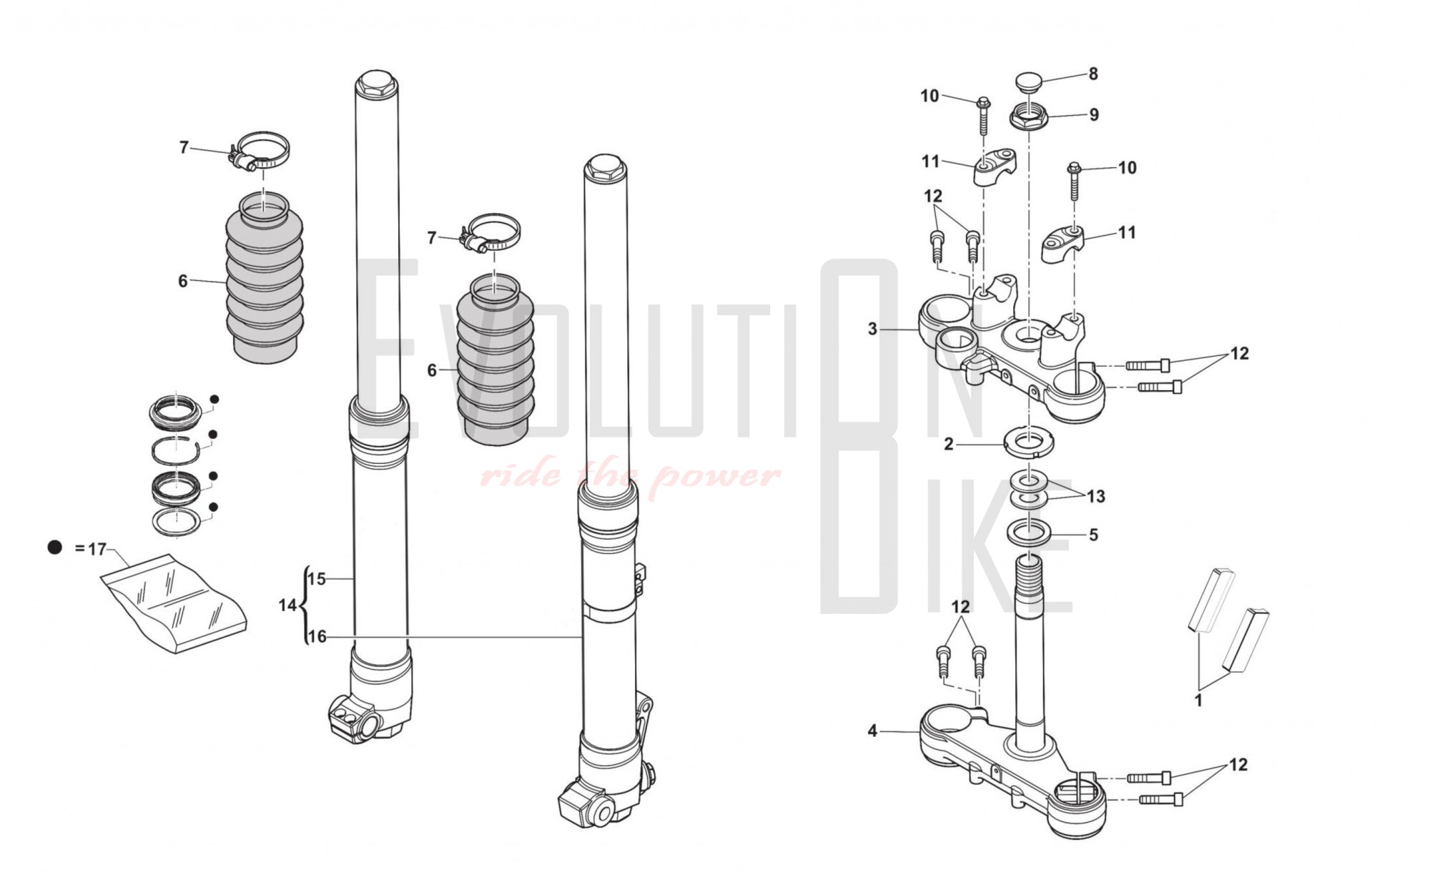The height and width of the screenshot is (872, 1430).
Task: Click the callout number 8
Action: click(x=1093, y=74)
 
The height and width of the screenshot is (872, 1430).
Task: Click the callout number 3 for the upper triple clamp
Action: click(x=872, y=330)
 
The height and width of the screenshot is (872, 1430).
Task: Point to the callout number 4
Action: click(x=872, y=731)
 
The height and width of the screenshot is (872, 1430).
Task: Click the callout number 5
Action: click(x=1093, y=535)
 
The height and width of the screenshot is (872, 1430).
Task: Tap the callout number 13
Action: click(x=1095, y=496)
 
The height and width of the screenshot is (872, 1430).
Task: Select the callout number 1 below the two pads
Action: click(x=1199, y=700)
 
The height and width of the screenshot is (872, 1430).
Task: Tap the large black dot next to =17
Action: click(x=55, y=548)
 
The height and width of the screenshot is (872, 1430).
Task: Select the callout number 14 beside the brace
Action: click(x=287, y=605)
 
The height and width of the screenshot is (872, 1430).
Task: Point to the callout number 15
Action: click(x=317, y=579)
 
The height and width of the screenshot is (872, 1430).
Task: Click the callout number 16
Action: click(x=317, y=636)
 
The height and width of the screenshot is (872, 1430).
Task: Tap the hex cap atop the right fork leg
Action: click(x=605, y=168)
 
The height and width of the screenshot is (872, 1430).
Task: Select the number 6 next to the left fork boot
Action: click(x=183, y=282)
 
